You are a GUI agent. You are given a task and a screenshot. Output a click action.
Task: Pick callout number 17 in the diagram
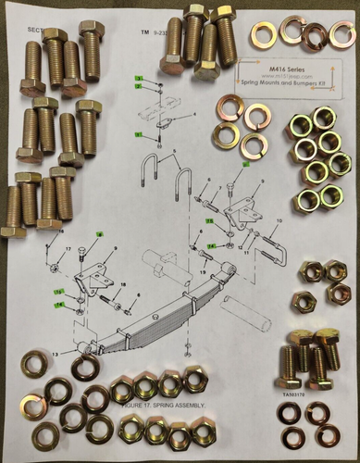[68, 250]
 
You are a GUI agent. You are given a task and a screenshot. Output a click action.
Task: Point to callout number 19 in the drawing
[202, 273]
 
